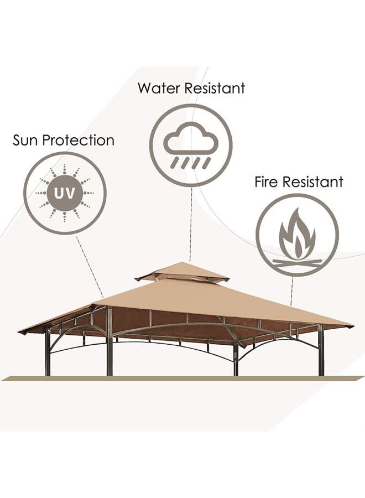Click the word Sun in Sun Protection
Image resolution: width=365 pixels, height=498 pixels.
(25, 141)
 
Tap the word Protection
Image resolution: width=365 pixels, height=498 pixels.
(79, 141)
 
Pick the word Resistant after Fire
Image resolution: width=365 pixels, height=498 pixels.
(313, 182)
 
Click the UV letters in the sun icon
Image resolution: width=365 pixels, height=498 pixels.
(65, 193)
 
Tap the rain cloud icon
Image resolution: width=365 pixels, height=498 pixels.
(191, 146)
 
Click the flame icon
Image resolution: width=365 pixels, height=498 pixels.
(298, 233)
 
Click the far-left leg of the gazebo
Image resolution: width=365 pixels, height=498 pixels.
(48, 352)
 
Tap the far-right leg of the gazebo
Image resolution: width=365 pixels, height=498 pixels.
(321, 350)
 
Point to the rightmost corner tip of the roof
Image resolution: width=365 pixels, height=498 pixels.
(353, 326)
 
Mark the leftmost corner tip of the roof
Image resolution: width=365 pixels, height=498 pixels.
(18, 331)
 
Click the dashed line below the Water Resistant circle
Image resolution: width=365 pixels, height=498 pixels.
(191, 224)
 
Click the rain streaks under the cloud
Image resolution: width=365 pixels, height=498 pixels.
(191, 163)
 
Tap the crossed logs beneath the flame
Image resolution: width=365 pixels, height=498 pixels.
(298, 262)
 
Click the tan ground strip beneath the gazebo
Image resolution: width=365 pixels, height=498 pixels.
(182, 378)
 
